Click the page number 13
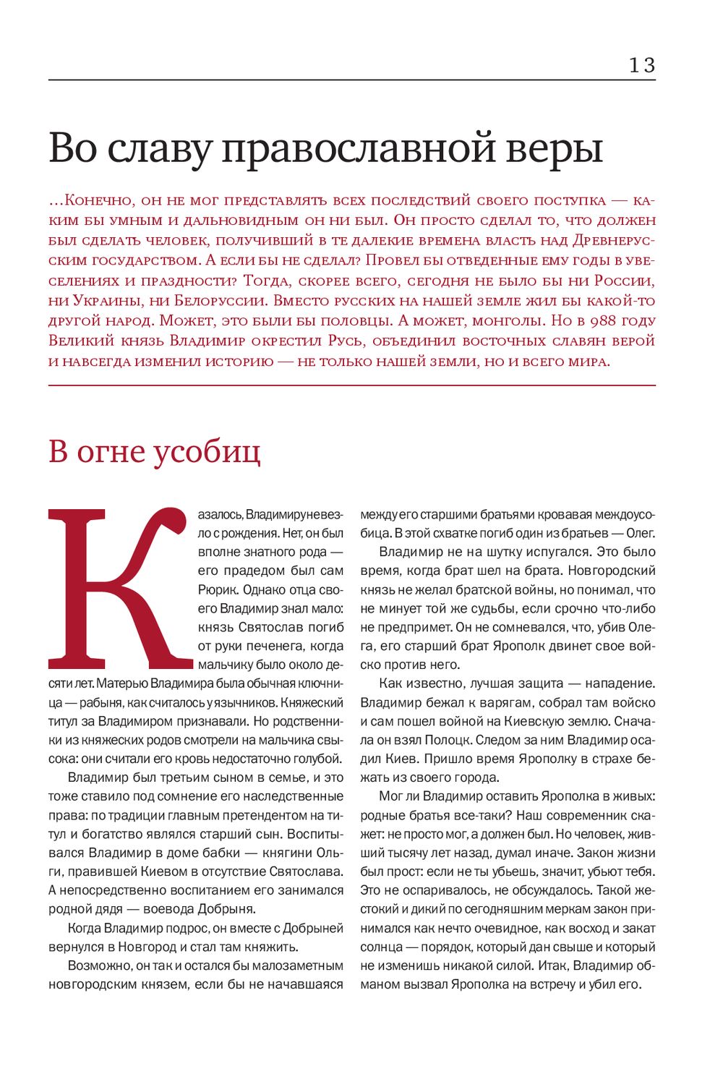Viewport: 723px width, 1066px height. pos(641,65)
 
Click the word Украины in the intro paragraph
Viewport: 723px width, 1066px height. pos(103,300)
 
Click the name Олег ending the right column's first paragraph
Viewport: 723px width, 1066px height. pos(639,533)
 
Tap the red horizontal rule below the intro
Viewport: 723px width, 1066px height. pos(352,385)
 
